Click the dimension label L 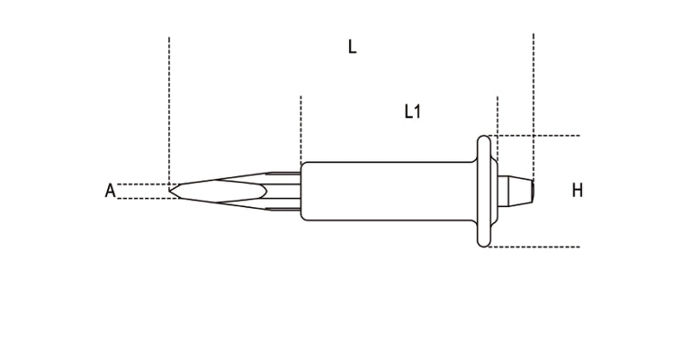point(352,47)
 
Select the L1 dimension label point(413,111)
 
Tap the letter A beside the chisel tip point(110,190)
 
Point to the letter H point(577,190)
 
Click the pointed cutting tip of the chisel point(169,191)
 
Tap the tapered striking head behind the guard point(516,191)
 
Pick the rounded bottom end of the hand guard point(484,243)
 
